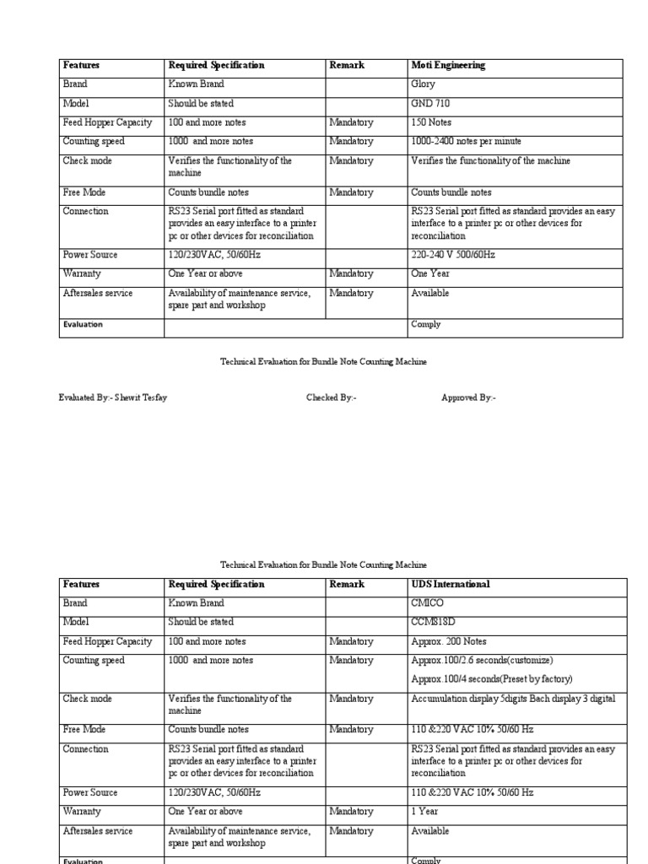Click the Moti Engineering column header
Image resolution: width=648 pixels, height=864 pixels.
pos(448,66)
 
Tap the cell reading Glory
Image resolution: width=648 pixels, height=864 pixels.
pos(423,84)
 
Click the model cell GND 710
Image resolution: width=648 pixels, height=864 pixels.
pos(430,104)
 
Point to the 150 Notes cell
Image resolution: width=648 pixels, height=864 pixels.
pos(431,122)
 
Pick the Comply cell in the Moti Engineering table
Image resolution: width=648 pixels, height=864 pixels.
pos(425,324)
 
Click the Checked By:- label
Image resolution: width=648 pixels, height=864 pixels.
pos(332,397)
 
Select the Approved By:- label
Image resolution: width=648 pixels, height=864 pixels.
pos(469,397)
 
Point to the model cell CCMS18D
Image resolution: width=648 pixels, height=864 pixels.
pos(432,623)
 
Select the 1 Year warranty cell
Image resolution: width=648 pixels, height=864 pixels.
pos(424,812)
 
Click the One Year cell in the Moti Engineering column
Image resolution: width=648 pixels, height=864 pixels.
pos(430,273)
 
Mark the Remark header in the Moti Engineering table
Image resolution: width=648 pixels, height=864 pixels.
pos(347,66)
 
